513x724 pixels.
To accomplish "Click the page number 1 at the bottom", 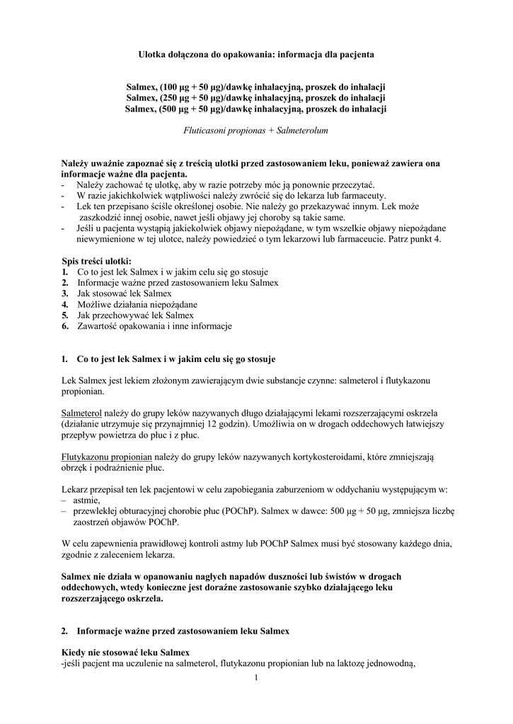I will coord(256,678).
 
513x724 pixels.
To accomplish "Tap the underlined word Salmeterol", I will coord(82,411).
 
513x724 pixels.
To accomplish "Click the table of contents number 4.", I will coord(64,304).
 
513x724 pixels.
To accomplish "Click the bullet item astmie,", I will coord(87,500).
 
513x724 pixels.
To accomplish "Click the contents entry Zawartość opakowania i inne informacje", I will coord(154,326).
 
